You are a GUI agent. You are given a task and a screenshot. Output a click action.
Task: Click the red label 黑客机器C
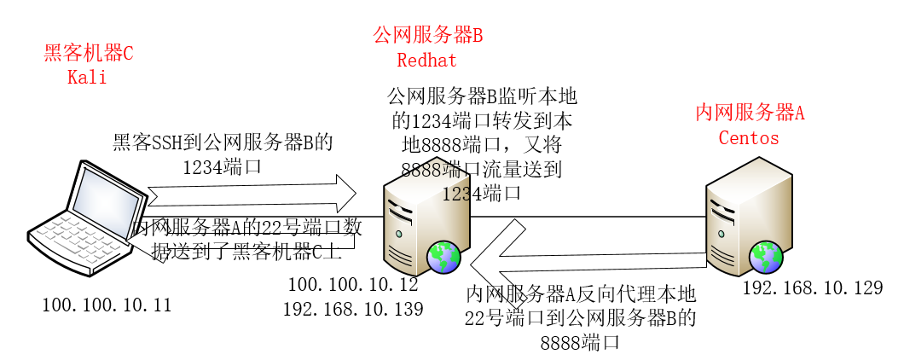tap(89, 54)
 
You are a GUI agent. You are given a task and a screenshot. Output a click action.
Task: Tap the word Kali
tap(87, 77)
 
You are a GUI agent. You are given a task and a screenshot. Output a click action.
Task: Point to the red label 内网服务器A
tap(750, 113)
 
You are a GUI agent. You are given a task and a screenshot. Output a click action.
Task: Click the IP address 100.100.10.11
tap(107, 305)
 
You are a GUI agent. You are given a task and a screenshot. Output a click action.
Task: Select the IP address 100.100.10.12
tap(353, 284)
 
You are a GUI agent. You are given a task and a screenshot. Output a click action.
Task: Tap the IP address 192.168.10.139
tap(353, 309)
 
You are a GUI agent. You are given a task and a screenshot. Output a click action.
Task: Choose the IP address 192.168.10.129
tap(812, 288)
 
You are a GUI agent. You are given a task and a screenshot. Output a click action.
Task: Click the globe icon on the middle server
tap(444, 256)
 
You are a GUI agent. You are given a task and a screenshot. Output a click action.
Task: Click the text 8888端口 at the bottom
tap(580, 343)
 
